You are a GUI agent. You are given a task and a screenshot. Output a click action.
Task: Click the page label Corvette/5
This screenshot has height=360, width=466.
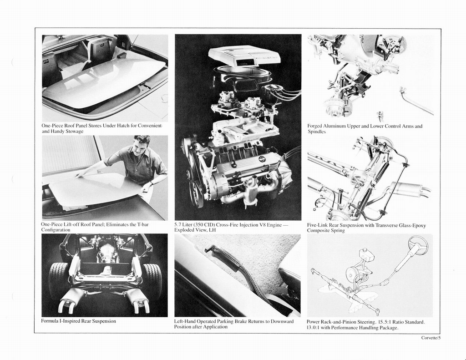click(x=431, y=338)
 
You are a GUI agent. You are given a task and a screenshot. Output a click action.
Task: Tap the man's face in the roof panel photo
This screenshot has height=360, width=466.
click(x=141, y=147)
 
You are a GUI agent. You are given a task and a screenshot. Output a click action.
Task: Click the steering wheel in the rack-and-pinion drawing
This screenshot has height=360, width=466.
click(x=417, y=245)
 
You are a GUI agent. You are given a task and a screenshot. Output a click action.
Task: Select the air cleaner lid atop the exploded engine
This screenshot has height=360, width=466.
click(x=244, y=56)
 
